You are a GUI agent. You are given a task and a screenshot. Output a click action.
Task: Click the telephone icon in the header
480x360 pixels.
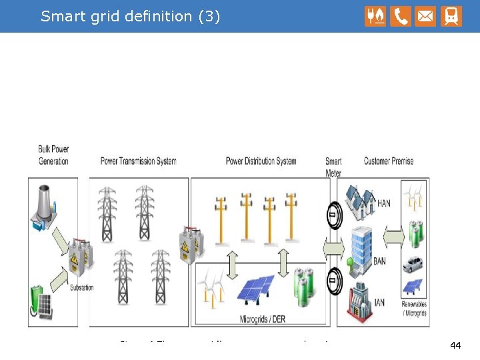(x=401, y=16)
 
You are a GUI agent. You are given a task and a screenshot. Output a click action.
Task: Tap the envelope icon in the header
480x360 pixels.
(x=425, y=16)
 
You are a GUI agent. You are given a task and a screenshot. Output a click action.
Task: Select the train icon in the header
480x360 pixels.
(x=451, y=16)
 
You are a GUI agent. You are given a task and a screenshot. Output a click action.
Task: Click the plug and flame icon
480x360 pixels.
(x=375, y=16)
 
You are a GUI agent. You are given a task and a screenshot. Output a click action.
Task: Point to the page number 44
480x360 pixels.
(x=456, y=345)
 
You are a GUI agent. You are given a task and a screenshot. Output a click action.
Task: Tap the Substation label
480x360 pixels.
(x=82, y=288)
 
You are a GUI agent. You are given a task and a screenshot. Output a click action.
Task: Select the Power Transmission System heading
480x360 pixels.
(x=138, y=161)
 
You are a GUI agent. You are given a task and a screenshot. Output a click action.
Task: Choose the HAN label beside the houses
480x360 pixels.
(x=384, y=203)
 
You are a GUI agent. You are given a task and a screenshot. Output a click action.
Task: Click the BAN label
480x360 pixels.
(x=379, y=261)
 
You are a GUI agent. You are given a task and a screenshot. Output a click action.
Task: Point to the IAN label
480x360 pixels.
(x=379, y=303)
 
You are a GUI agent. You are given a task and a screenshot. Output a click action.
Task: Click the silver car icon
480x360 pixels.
(x=413, y=263)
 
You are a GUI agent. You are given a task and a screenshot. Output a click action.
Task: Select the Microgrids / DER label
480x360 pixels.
(x=262, y=319)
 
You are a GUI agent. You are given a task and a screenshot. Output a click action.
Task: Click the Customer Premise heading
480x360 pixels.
(x=389, y=161)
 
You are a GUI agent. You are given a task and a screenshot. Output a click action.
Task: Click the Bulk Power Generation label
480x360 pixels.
(x=53, y=155)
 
